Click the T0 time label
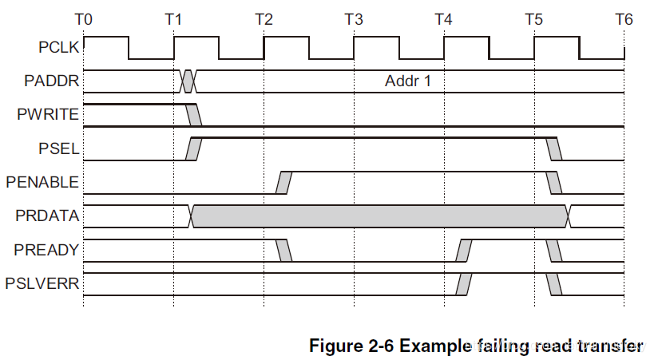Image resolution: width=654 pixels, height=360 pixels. (x=83, y=19)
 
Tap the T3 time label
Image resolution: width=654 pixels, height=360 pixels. (x=354, y=19)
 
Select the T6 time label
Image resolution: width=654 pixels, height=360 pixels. (x=624, y=19)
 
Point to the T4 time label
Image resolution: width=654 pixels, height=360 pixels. (x=443, y=19)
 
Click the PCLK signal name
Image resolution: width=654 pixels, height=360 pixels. (x=58, y=47)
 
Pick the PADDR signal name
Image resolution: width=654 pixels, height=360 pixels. (x=52, y=81)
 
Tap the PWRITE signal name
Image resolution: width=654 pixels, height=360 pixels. (x=48, y=114)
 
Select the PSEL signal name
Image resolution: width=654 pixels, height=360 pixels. (x=59, y=148)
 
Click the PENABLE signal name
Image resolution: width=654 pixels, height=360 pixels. (x=42, y=182)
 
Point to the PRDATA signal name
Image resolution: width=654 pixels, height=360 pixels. (x=47, y=216)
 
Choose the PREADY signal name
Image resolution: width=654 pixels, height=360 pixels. (x=46, y=250)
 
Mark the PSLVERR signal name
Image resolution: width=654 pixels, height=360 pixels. (x=42, y=283)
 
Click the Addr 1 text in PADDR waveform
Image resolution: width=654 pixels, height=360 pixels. (x=407, y=81)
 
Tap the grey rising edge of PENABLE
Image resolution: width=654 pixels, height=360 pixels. (x=283, y=183)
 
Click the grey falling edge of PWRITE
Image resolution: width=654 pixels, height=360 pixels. (x=193, y=115)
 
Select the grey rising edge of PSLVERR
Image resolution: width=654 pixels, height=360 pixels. (x=463, y=284)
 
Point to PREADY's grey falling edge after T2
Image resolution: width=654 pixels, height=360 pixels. (x=283, y=251)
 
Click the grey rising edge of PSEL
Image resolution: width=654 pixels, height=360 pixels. (x=193, y=149)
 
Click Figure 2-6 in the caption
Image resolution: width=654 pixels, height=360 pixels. (x=352, y=346)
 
